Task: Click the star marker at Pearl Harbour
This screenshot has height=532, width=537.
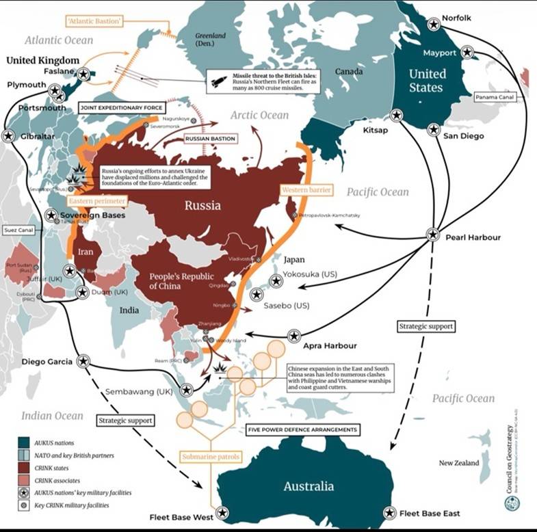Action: click(x=432, y=234)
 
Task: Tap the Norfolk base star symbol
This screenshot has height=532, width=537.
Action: click(x=433, y=24)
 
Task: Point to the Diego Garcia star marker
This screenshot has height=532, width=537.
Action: click(x=83, y=360)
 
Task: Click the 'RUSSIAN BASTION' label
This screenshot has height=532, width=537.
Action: click(x=210, y=139)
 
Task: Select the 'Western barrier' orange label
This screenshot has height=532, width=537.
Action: click(x=306, y=188)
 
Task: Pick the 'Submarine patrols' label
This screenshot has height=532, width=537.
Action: click(x=206, y=456)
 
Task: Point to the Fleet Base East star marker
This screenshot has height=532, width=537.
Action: click(x=390, y=512)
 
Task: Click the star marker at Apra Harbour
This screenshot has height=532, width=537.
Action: click(x=294, y=336)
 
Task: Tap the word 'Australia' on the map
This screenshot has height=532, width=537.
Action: click(x=309, y=486)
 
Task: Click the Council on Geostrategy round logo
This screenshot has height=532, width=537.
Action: click(x=512, y=503)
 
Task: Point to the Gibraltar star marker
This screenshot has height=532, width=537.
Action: click(x=9, y=136)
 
